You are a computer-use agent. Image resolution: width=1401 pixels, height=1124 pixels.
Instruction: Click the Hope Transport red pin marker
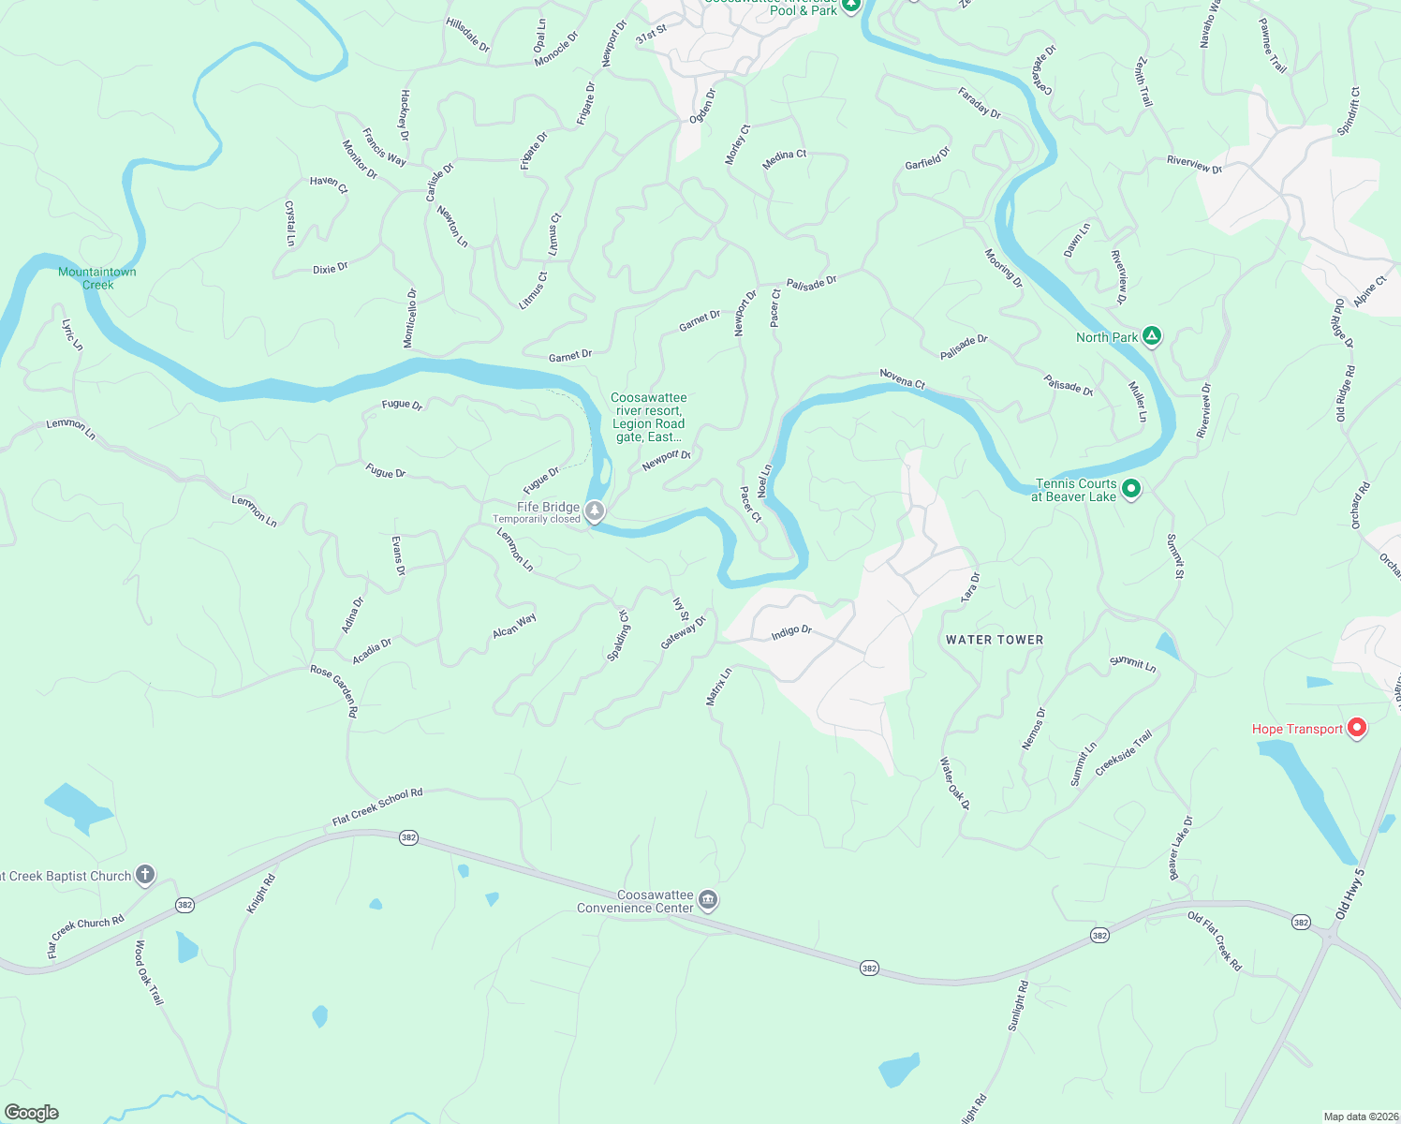click(x=1356, y=728)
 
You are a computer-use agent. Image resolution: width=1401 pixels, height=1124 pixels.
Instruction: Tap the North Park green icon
click(x=1152, y=336)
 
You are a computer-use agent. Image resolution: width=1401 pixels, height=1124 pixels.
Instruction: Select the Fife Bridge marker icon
click(x=595, y=510)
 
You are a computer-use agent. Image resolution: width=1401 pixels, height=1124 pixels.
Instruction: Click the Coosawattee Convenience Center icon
click(x=708, y=900)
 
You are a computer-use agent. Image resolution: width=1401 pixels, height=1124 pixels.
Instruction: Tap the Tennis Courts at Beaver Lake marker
click(x=1131, y=489)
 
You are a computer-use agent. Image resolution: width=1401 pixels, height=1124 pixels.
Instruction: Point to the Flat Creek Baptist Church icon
click(x=144, y=875)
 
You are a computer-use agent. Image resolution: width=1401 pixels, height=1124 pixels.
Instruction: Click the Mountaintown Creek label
click(x=97, y=278)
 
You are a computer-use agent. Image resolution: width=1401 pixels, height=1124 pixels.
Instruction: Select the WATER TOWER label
click(x=995, y=640)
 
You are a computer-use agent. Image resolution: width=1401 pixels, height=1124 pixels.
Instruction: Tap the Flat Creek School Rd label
click(x=377, y=806)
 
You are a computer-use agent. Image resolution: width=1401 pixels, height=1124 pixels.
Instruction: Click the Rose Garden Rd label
click(x=334, y=691)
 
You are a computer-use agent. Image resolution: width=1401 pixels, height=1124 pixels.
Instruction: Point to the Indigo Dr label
click(x=791, y=633)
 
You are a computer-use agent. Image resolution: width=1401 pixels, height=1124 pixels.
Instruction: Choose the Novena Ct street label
click(x=902, y=378)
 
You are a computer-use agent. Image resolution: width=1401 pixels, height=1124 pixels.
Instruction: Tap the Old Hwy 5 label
click(x=1349, y=894)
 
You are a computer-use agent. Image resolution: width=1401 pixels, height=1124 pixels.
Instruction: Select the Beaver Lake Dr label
click(x=1180, y=848)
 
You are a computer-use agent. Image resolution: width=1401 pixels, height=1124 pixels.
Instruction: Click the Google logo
click(x=32, y=1112)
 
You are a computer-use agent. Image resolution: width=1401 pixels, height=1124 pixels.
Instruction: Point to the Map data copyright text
click(x=1361, y=1117)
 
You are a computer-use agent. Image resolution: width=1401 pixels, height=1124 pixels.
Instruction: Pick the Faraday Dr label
click(x=980, y=102)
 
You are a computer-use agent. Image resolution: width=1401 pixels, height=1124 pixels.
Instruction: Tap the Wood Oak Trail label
click(x=150, y=972)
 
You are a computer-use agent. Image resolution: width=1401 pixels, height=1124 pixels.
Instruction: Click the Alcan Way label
click(x=514, y=626)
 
